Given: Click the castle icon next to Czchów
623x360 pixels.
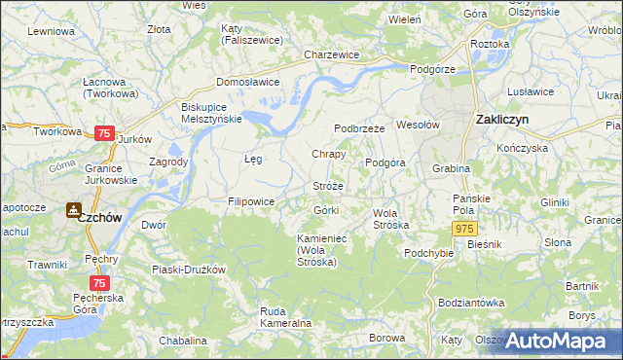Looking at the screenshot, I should click(74, 209).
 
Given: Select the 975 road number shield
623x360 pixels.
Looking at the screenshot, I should click(463, 228).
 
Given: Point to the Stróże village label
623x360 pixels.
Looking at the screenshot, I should click(327, 186).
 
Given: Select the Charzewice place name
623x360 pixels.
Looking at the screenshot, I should click(332, 55).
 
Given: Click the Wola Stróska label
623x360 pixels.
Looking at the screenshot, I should click(391, 218).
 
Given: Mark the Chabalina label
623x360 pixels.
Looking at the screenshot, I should click(183, 341).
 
